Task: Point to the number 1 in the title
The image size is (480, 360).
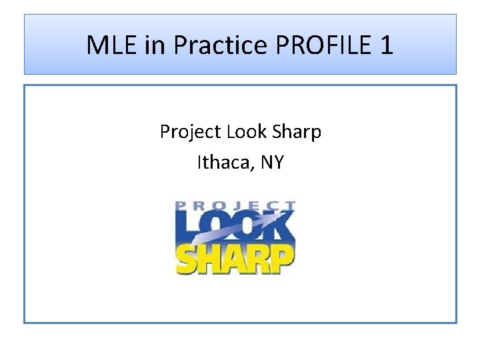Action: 386,45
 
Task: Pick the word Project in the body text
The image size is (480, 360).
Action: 191,132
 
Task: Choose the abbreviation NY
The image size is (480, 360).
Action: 272,161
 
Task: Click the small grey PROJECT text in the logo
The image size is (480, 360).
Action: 235,205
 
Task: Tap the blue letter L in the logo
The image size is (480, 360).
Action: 187,227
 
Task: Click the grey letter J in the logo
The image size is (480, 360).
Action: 231,205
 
